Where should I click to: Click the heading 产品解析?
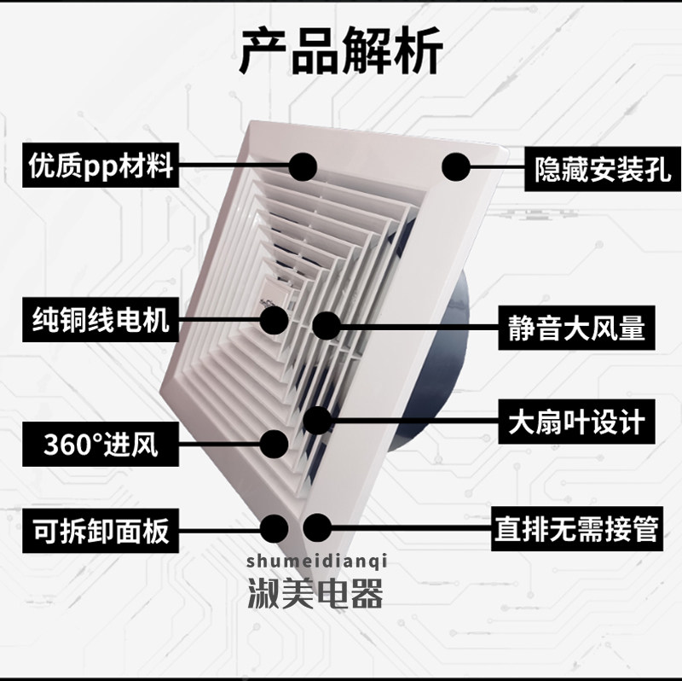tap(340, 53)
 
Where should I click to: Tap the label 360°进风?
tap(101, 445)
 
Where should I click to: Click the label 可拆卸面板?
tap(101, 531)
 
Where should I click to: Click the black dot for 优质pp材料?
tap(303, 166)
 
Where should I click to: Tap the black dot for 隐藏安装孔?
tap(455, 167)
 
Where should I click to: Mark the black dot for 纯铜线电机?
tap(275, 320)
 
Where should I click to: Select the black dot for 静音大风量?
tap(326, 325)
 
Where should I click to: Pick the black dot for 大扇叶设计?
tap(317, 419)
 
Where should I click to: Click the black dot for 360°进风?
tap(275, 442)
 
